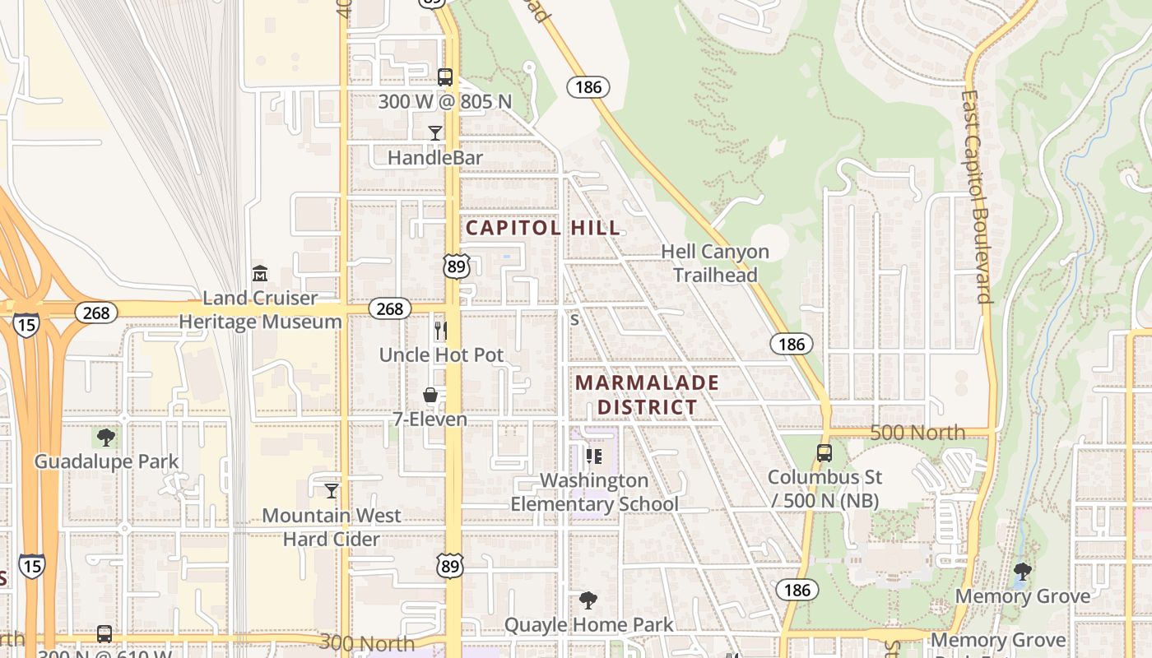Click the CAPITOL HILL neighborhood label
(x=543, y=228)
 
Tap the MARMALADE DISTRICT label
(x=647, y=395)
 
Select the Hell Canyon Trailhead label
(x=715, y=263)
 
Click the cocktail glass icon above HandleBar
(x=435, y=133)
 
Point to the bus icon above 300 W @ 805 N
(x=445, y=77)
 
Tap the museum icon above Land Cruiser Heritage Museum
(x=260, y=273)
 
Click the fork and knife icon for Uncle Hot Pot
(x=441, y=331)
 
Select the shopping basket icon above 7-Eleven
(x=430, y=396)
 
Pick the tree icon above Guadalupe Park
(x=105, y=437)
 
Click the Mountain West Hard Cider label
(x=332, y=527)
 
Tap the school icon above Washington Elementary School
(x=594, y=456)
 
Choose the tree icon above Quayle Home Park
(x=588, y=600)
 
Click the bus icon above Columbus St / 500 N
(x=825, y=452)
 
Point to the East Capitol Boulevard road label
(x=977, y=197)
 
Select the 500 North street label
(x=917, y=432)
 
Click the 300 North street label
(x=367, y=642)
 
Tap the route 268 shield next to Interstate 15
(x=96, y=313)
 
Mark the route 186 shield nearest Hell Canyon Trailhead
(x=792, y=344)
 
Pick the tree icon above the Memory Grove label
(x=1023, y=571)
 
